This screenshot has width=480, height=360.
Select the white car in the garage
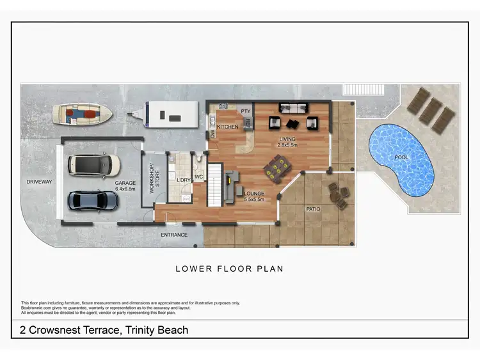94,165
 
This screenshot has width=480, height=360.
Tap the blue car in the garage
93,201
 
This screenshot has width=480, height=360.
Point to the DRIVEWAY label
40,182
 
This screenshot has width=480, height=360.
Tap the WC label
198,176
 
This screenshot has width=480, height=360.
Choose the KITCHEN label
228,127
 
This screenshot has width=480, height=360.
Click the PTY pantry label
244,111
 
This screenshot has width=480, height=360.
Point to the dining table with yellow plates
277,169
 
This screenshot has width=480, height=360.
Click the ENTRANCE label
173,235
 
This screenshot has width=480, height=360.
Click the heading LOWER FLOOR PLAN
229,269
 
